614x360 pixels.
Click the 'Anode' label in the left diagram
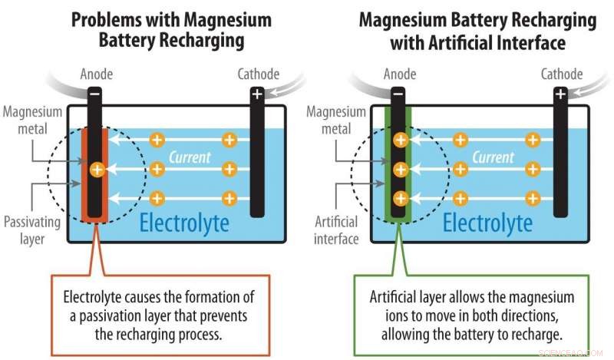pos(97,74)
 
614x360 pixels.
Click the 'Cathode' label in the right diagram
pos(562,74)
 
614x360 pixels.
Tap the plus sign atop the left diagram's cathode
pos(257,94)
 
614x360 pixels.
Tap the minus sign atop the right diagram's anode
pos(398,94)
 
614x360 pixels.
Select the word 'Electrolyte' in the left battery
pos(184,223)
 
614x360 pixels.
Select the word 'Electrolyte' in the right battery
pos(487,223)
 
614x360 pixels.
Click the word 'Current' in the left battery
pos(190,157)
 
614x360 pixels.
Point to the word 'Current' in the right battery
pos(493,157)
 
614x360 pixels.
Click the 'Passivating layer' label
pos(32,230)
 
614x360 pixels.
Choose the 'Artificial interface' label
pos(336,230)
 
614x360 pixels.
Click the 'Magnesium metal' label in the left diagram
pos(32,121)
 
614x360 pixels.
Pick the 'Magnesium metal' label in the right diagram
pos(336,121)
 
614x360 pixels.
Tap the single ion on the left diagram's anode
pos(97,170)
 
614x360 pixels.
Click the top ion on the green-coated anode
pos(401,140)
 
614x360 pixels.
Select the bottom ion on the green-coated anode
pos(401,198)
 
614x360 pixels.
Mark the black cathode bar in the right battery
pos(560,153)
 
